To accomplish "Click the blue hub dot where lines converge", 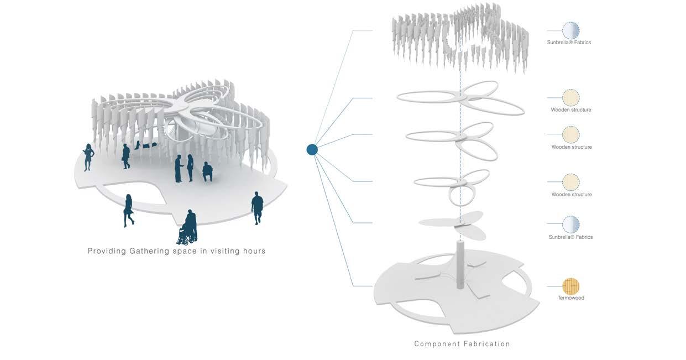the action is [x=312, y=149].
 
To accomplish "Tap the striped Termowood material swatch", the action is [x=570, y=286].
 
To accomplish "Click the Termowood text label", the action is [x=570, y=298].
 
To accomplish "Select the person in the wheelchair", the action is [x=188, y=228].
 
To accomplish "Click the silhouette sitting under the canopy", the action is [x=207, y=171].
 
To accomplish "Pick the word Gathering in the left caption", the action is [x=151, y=251].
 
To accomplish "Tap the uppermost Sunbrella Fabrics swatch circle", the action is [x=570, y=30].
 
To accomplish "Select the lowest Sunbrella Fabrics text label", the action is [x=570, y=237].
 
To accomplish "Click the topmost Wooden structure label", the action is [x=571, y=110].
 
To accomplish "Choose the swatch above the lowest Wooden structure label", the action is [x=570, y=182].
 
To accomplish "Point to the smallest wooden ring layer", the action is [x=453, y=185].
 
